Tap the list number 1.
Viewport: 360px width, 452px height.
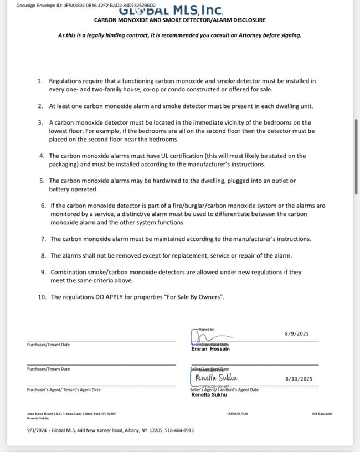pos(40,81)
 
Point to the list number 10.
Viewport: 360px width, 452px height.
pos(42,297)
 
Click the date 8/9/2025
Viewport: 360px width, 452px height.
pos(296,335)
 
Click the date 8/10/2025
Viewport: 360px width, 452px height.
pos(299,379)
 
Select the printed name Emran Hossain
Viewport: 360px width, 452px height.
pos(210,349)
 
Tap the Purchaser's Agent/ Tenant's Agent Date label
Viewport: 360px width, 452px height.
pos(64,389)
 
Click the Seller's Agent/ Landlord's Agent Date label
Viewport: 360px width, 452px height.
pos(224,389)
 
